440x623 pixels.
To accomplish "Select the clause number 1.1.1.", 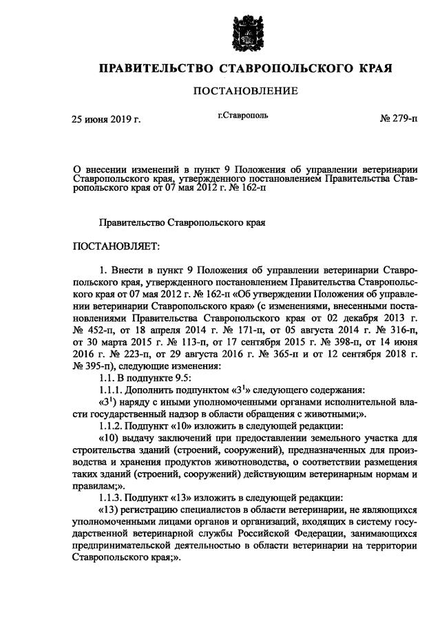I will tap(112, 389).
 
